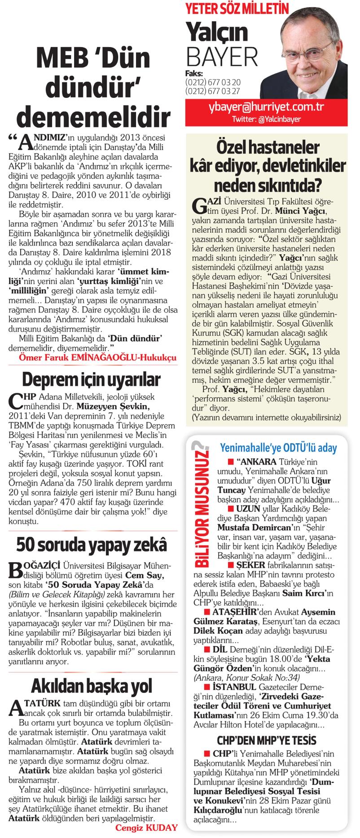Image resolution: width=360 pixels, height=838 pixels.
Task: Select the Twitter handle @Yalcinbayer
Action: (267, 119)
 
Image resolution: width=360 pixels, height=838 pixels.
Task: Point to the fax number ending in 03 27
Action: (212, 91)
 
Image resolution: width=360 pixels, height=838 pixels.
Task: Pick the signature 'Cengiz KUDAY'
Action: (147, 828)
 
